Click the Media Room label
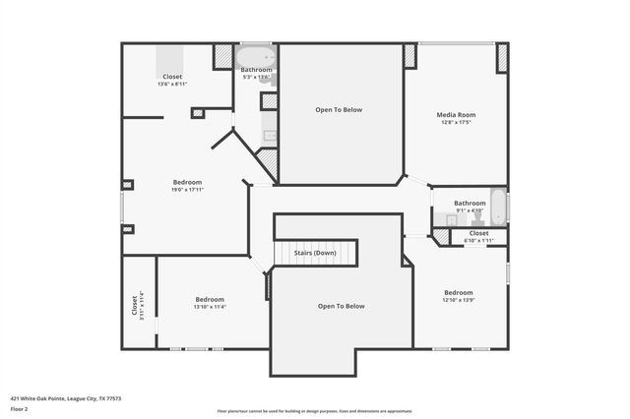coord(455,115)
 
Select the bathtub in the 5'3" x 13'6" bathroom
coord(255,57)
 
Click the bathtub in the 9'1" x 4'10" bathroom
coord(498,208)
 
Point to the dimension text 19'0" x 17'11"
coord(187,190)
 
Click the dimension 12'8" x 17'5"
coord(455,123)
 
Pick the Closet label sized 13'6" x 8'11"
coord(172,77)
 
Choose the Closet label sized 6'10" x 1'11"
coord(478,233)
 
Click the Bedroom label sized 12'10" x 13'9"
coord(458,292)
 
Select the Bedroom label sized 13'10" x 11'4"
coord(210,299)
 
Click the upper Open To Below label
coord(339,109)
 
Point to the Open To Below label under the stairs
coord(341,306)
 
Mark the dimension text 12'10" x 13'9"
coord(458,300)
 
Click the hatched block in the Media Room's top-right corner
coord(502,57)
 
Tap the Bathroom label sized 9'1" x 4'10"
coord(470,203)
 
